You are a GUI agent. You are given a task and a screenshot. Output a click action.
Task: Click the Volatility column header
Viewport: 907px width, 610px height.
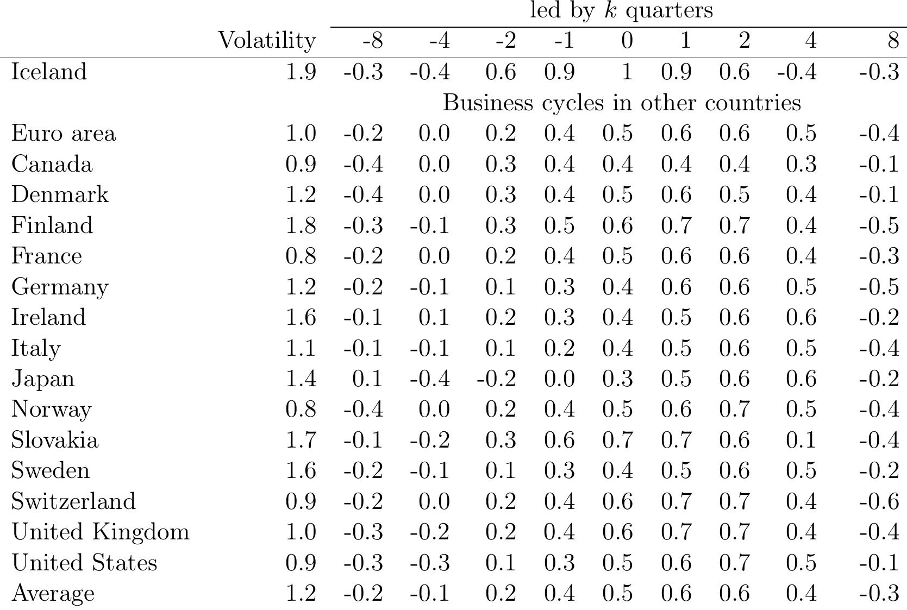tap(267, 41)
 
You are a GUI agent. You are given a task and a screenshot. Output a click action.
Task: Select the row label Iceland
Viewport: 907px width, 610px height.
tap(49, 72)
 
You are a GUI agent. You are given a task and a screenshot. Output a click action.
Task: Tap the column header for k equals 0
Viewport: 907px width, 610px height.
tap(627, 41)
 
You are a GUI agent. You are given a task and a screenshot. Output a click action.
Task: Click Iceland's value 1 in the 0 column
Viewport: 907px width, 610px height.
tap(627, 72)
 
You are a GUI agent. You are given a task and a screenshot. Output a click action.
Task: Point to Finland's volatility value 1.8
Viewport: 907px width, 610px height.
tap(301, 225)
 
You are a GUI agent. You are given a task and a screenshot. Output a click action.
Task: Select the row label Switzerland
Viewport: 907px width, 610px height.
tap(73, 501)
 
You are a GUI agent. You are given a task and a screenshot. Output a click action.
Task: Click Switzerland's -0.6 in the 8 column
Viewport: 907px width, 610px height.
tap(879, 501)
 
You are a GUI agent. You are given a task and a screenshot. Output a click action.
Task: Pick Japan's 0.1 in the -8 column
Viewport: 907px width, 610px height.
tap(367, 379)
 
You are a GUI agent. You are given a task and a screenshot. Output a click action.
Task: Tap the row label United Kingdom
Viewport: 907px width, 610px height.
tap(101, 532)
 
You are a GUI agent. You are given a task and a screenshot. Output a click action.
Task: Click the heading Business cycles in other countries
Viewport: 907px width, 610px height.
tap(622, 103)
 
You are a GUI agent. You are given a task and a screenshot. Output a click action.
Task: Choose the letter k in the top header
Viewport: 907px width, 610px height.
tap(611, 10)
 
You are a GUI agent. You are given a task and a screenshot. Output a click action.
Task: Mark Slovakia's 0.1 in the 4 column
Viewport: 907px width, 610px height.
tap(800, 440)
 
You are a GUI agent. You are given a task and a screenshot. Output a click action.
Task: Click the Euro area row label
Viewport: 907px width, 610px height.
tap(64, 134)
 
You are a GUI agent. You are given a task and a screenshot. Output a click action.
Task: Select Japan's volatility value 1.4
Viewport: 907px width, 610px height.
tap(301, 379)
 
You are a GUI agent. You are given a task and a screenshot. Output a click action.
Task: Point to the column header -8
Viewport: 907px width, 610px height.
tap(372, 41)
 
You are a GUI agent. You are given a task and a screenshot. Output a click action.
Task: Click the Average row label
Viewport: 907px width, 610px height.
tap(53, 593)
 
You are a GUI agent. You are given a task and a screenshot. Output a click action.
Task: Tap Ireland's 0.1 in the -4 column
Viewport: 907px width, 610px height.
tap(434, 317)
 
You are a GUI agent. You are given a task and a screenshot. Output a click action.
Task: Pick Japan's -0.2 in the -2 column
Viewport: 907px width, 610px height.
tap(496, 379)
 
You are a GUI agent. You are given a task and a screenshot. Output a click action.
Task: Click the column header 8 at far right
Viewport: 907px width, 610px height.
tap(893, 41)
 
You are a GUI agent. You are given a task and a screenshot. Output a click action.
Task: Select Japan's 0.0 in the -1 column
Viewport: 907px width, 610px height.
tap(559, 379)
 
